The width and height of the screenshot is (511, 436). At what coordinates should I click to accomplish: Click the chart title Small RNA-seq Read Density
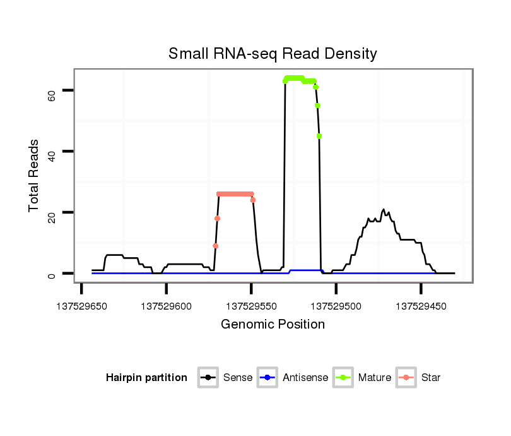coord(273,54)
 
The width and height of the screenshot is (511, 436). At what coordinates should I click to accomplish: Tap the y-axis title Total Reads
coord(34,176)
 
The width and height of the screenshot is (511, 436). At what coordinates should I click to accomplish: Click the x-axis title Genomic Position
coord(273,325)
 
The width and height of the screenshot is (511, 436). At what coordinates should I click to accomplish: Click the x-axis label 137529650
coord(82,306)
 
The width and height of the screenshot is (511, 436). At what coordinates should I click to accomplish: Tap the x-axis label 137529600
coord(167,306)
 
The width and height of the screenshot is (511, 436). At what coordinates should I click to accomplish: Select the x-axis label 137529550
coord(251,306)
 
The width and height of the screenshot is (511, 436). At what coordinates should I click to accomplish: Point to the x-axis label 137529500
coord(336,306)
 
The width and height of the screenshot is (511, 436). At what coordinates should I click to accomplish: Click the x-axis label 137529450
coord(421,306)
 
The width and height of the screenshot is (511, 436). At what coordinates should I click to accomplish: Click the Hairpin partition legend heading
coord(146,378)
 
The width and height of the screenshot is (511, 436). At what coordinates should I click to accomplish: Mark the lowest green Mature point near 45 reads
coord(319,136)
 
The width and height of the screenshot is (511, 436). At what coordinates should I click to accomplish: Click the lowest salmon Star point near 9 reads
coord(215,246)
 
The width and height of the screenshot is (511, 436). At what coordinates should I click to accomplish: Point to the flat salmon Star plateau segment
coord(235,194)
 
